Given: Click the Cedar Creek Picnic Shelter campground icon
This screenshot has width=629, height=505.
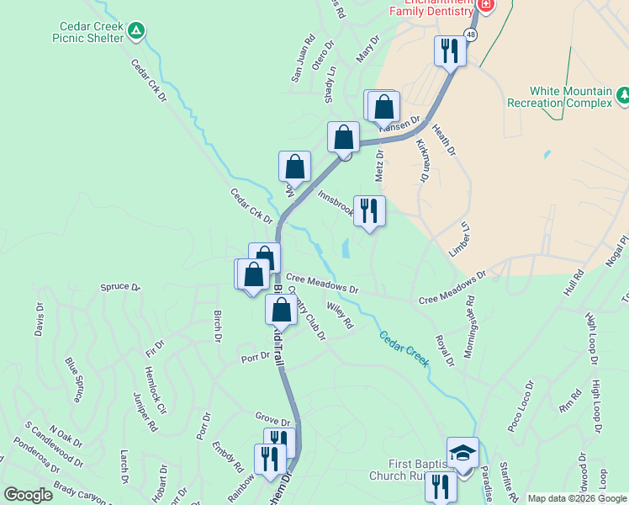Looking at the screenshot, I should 137,32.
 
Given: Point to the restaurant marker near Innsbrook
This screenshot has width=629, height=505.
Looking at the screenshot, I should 369,211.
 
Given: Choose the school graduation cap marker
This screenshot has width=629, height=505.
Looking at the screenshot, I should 462,452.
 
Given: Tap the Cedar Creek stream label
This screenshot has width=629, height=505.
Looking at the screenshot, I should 404,348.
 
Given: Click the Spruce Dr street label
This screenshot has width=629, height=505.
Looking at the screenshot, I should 120,287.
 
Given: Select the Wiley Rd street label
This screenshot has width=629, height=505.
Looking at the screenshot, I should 341,316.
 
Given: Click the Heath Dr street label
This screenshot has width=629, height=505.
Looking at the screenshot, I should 443,140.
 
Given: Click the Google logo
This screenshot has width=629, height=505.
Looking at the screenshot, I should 28,495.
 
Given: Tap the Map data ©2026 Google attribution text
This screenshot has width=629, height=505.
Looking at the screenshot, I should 576,498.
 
